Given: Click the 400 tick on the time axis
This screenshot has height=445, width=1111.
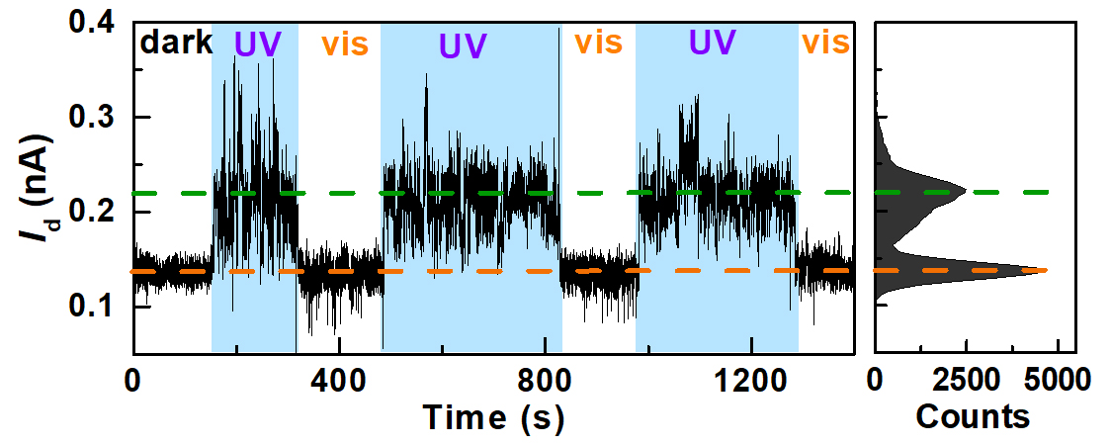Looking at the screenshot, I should [339, 381].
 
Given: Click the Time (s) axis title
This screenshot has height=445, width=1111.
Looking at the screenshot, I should [494, 417].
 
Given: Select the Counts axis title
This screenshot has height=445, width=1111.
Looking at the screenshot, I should [973, 417].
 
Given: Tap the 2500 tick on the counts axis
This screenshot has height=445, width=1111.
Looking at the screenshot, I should [966, 381].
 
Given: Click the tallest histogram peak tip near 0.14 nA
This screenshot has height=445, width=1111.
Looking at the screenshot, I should [1047, 270].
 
